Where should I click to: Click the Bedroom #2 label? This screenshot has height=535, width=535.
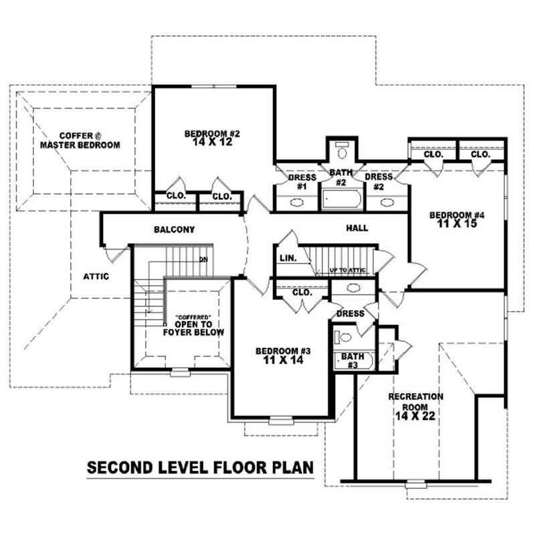[212, 138]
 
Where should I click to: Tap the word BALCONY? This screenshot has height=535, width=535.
[174, 229]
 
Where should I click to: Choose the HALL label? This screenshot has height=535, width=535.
[357, 228]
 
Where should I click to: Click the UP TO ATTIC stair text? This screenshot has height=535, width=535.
[347, 270]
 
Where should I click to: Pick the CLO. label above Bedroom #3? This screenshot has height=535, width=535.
[302, 292]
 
